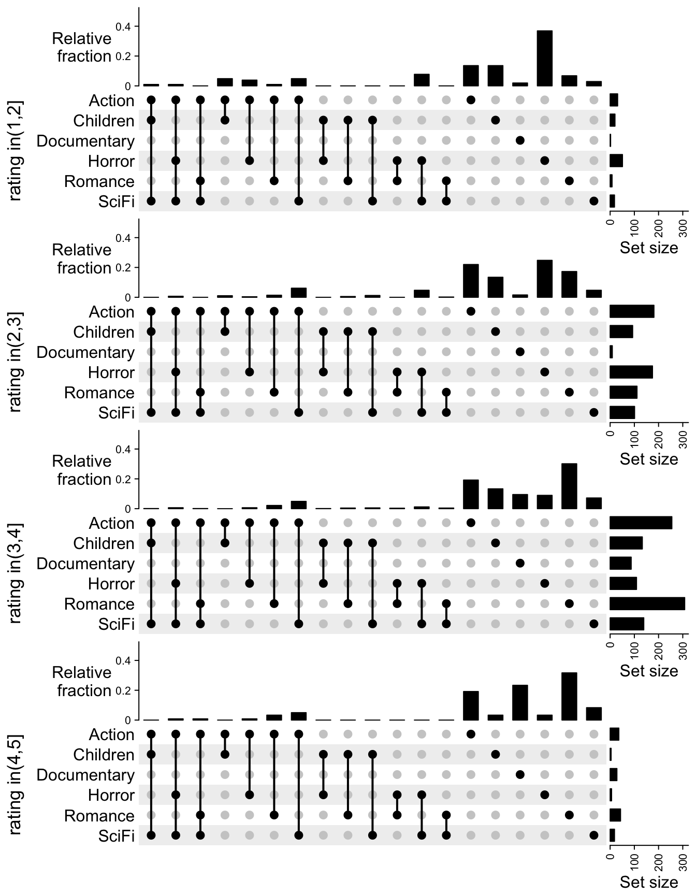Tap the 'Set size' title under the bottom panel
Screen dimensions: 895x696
pyautogui.click(x=648, y=882)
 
